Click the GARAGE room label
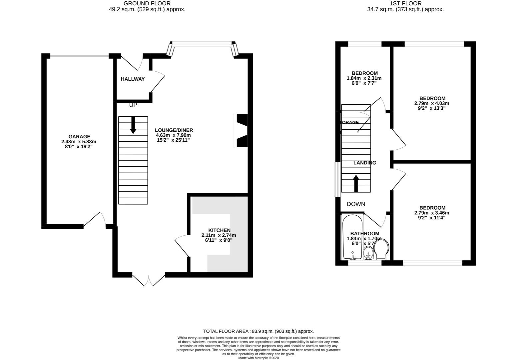pos(79,136)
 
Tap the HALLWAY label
pos(133,79)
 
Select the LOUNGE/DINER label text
pos(174,130)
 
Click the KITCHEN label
pos(219,230)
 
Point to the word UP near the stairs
pos(133,105)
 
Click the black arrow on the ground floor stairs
pos(133,125)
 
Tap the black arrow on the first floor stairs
pos(356,183)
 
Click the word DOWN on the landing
pos(356,204)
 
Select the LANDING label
pos(365,163)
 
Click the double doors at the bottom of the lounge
pos(149,279)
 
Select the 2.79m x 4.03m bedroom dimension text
pos(432,103)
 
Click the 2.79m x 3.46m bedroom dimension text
pos(432,213)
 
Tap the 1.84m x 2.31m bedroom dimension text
pos(364,78)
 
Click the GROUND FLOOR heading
pos(147,3)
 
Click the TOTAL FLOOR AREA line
pos(258,331)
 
